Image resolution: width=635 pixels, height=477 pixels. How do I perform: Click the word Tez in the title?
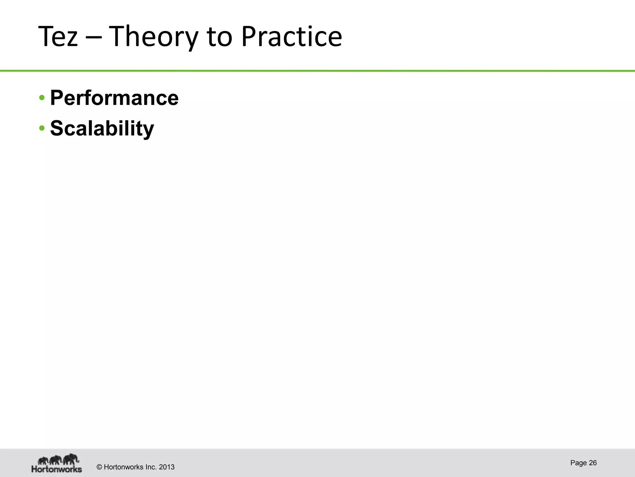point(58,37)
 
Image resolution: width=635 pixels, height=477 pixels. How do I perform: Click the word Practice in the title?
point(291,37)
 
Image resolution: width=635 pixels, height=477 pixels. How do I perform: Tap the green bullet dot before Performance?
point(42,98)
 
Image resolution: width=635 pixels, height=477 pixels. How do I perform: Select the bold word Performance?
point(114,98)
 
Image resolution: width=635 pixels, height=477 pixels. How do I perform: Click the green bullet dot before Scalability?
point(42,128)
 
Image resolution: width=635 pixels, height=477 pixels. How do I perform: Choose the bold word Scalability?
point(102,128)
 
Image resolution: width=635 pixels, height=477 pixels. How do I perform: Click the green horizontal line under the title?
point(317,71)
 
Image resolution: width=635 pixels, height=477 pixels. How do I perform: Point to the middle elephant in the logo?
point(56,460)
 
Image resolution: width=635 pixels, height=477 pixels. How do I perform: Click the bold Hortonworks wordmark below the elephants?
point(57,469)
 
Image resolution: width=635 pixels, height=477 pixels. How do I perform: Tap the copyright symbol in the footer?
point(100,467)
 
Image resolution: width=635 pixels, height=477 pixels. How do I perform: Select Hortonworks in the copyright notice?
point(123,467)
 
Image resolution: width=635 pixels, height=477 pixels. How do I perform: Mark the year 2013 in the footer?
point(167,467)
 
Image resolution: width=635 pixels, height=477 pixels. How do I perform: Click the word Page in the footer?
point(578,463)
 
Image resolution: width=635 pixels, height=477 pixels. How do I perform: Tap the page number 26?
point(593,463)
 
